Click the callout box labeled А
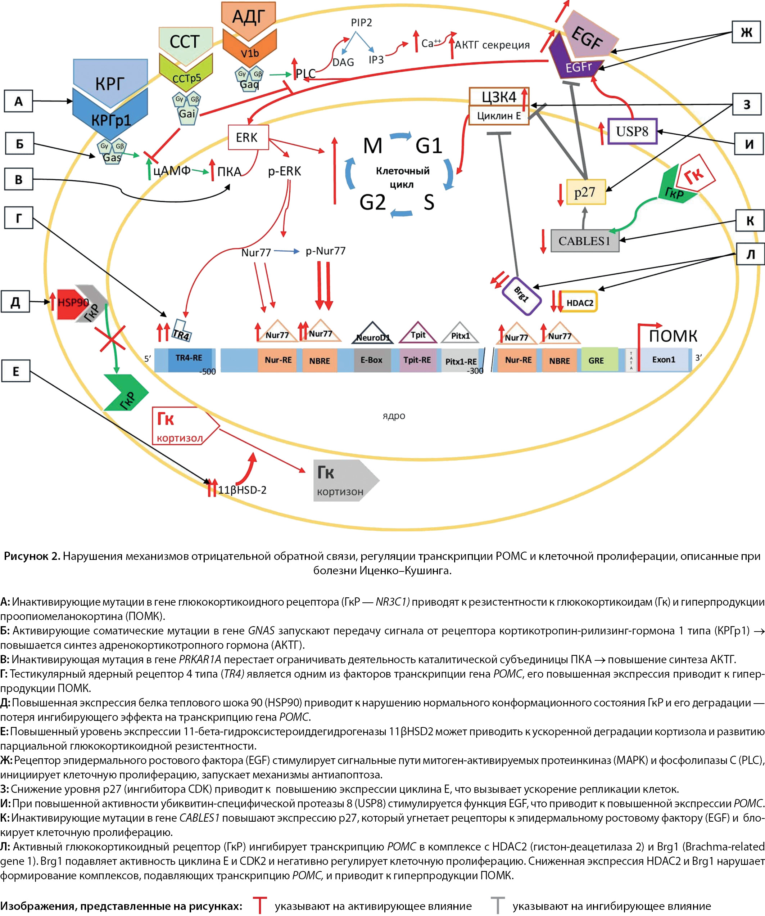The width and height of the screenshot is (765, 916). point(18,101)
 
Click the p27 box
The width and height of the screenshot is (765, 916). point(585,192)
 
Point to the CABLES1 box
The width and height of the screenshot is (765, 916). point(584,241)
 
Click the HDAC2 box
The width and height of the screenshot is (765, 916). point(579,302)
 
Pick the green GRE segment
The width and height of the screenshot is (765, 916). point(596,360)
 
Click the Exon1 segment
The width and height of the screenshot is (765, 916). point(664,360)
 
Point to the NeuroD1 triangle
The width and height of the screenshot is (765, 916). point(373,334)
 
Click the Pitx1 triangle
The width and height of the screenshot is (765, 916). point(460,334)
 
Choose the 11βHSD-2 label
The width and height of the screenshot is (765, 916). point(242,490)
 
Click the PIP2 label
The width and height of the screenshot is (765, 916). point(361,23)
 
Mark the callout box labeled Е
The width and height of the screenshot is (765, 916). point(16,371)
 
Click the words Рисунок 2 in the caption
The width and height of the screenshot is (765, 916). point(32,556)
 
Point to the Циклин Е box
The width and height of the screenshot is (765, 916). point(499,116)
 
